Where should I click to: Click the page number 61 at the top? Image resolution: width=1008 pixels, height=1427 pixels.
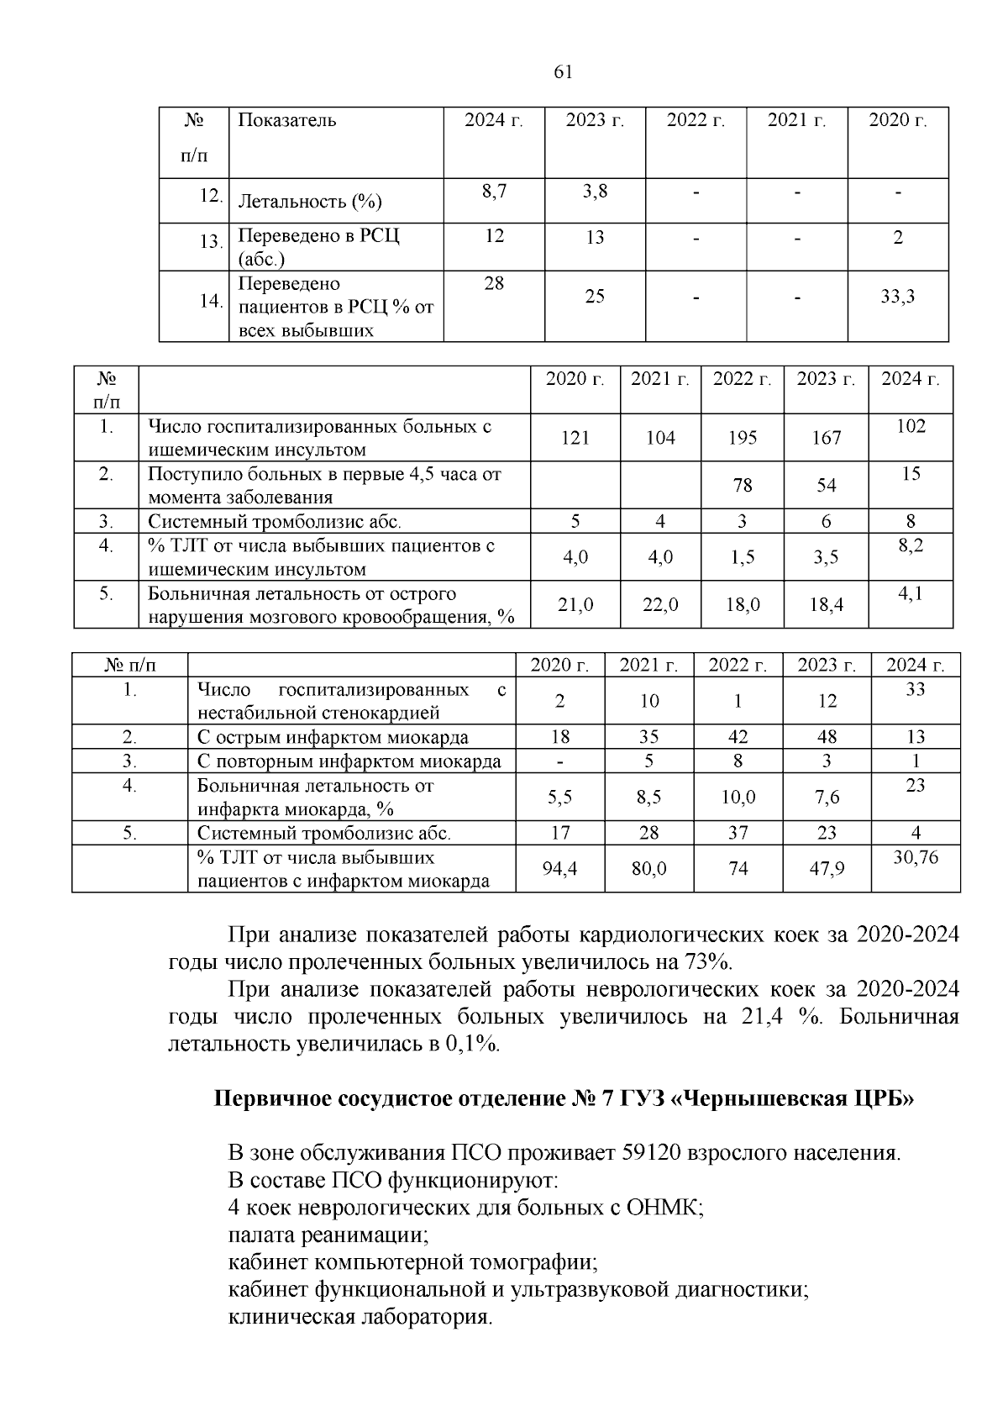tap(564, 72)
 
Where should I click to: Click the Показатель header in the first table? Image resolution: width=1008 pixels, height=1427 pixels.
tap(287, 120)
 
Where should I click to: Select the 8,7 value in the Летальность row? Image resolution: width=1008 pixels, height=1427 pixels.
tap(494, 192)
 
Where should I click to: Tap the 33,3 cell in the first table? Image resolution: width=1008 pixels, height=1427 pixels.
tap(897, 297)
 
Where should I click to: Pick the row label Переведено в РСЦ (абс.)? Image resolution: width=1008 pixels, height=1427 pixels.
tap(319, 246)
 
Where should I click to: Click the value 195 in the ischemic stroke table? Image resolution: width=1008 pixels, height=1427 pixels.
tap(742, 438)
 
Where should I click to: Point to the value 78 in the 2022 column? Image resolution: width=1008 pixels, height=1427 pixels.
tap(742, 486)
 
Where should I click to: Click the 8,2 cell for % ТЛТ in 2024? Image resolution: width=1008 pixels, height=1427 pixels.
tap(911, 545)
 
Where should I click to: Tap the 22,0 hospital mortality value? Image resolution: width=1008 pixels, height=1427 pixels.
tap(659, 605)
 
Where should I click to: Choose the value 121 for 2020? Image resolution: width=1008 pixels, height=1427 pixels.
tap(575, 438)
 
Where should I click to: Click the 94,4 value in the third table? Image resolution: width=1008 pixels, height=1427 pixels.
tap(559, 869)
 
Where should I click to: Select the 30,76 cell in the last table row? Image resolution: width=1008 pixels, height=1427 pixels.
tap(915, 858)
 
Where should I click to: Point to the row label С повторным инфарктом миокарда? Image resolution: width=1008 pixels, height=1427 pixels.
tap(349, 761)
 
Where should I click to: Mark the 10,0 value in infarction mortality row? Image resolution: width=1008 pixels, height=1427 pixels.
tap(738, 798)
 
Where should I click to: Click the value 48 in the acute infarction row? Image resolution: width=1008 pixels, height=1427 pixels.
tap(827, 738)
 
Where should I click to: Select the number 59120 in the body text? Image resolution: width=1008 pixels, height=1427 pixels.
tap(651, 1152)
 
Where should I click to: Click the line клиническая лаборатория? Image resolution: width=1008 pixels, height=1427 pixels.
tap(360, 1317)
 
